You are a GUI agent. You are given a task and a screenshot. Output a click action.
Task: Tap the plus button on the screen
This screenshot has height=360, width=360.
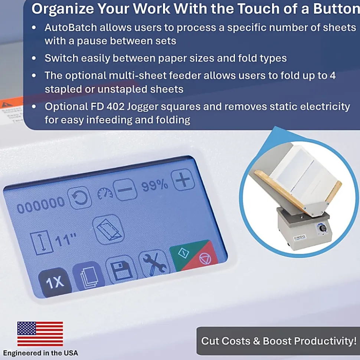[x=183, y=179]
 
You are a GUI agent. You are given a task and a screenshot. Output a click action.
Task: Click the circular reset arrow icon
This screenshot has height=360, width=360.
[x=79, y=198]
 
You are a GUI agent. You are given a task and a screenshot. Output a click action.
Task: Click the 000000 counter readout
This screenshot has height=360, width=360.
[x=41, y=205]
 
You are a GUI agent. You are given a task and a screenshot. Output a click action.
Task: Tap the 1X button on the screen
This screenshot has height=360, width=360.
[x=55, y=282]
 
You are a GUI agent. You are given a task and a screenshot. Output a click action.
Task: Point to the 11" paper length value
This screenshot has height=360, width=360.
[x=66, y=240]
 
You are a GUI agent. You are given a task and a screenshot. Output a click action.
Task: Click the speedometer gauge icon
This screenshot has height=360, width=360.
[x=105, y=194]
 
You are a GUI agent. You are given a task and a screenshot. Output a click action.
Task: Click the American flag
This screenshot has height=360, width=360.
[x=40, y=334]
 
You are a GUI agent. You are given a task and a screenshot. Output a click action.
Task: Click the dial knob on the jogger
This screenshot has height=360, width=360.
[x=322, y=228]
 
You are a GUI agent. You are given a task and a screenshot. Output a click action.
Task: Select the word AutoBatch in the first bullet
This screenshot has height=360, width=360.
[x=71, y=27]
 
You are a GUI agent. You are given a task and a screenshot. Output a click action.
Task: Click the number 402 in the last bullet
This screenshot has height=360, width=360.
[x=116, y=106]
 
